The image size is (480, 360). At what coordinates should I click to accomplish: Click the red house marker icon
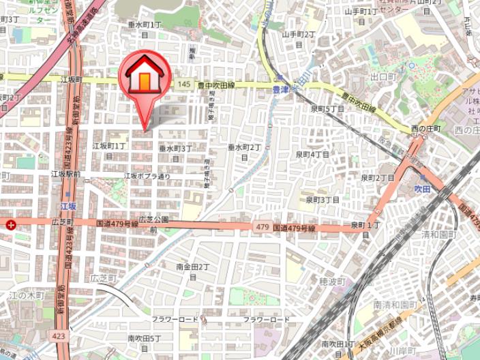(145, 76)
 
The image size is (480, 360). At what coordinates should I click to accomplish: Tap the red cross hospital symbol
(10, 224)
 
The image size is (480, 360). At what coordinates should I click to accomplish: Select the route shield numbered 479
(263, 226)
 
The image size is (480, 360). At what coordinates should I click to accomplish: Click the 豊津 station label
(280, 89)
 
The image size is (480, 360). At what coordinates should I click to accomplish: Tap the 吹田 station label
(422, 188)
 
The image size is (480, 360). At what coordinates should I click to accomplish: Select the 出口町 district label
(383, 77)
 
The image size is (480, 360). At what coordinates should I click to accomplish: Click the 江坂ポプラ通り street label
(147, 176)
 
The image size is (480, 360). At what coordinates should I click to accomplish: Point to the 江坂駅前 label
(65, 175)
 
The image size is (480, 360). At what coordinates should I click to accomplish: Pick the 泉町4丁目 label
(312, 155)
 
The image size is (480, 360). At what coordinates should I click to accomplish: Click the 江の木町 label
(27, 295)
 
